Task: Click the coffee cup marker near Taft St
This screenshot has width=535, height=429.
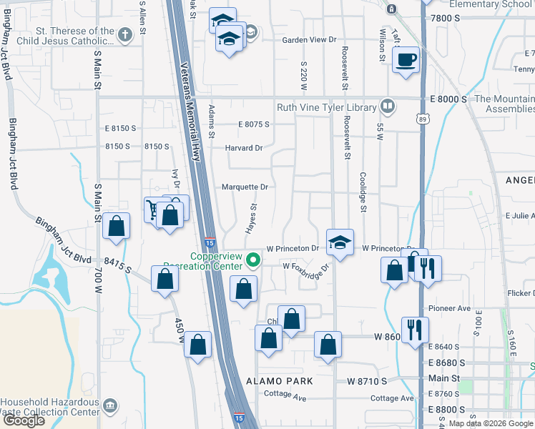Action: click(x=406, y=59)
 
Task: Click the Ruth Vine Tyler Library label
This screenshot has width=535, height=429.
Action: click(x=326, y=107)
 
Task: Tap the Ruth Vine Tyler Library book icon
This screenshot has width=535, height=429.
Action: click(x=388, y=107)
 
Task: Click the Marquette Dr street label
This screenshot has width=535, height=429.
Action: click(x=244, y=187)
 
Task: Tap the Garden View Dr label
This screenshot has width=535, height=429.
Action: click(x=308, y=40)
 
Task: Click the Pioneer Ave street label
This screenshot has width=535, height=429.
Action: click(x=449, y=308)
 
